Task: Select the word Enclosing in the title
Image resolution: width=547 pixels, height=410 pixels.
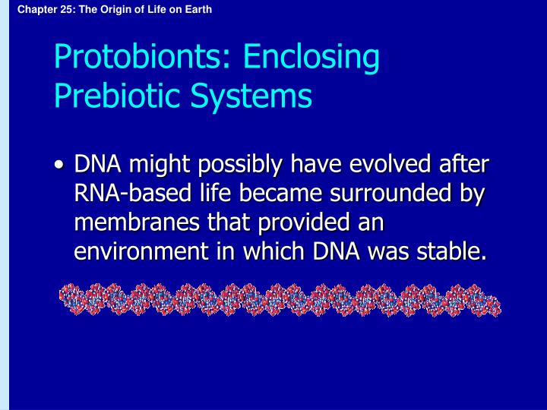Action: [x=311, y=58]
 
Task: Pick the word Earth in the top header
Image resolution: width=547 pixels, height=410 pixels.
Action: [x=198, y=9]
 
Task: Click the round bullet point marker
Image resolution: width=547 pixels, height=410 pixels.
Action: [x=60, y=165]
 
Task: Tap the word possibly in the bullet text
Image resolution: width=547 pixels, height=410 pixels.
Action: [x=239, y=165]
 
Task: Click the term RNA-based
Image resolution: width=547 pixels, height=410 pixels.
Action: [x=132, y=193]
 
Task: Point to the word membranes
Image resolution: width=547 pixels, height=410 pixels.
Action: [x=137, y=222]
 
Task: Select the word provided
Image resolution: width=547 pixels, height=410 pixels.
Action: [x=304, y=223]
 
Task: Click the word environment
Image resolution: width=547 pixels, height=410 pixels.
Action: [x=141, y=251]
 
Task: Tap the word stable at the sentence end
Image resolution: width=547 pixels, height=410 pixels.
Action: [x=451, y=251]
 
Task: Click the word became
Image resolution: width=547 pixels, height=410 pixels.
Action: [x=280, y=193]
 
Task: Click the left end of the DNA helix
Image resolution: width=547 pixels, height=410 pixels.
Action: [x=61, y=296]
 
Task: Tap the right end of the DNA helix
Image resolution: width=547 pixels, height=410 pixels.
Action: [x=500, y=307]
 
